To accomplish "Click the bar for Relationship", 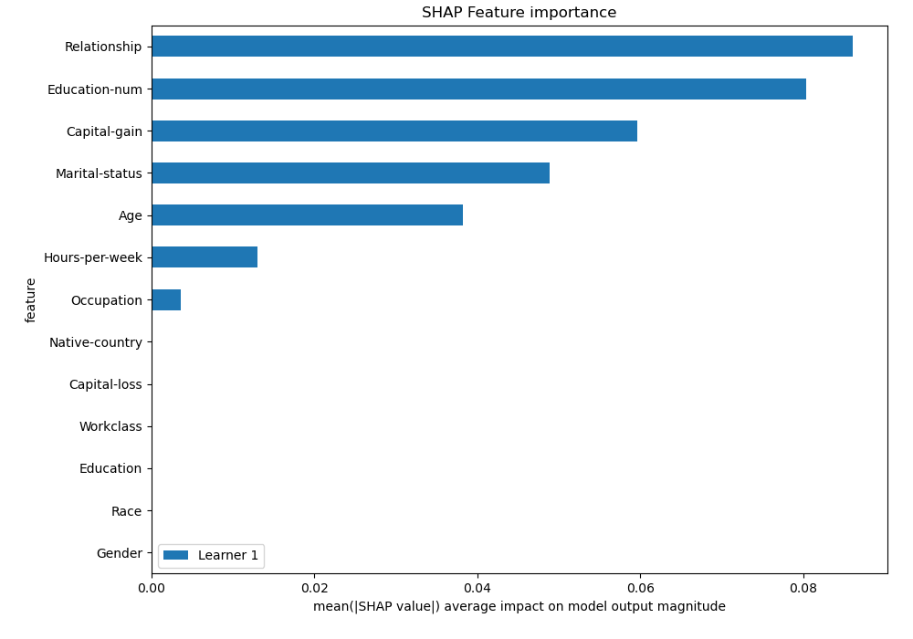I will pos(502,47).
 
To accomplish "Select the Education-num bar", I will pos(478,89).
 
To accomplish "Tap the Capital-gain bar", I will pos(394,131).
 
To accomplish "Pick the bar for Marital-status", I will pos(351,173).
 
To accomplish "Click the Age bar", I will pos(307,215).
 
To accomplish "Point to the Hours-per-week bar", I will pos(205,257).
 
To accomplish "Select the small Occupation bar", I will pos(166,299).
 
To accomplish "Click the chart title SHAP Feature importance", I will pos(519,13).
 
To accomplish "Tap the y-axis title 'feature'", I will pos(31,299).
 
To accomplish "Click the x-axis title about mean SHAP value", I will pos(519,606).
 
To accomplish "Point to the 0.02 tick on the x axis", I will pos(314,586).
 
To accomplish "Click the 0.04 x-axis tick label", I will pos(477,586).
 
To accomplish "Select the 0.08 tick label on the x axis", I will pos(803,586).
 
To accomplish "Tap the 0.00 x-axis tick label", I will pos(152,586).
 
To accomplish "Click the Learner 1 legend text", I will pos(228,555).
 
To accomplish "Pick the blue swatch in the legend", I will pos(175,555).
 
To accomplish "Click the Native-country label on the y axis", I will pos(96,342).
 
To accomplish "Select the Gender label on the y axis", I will pos(119,553).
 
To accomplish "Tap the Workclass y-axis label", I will pos(110,426).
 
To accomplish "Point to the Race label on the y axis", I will pos(126,511).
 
